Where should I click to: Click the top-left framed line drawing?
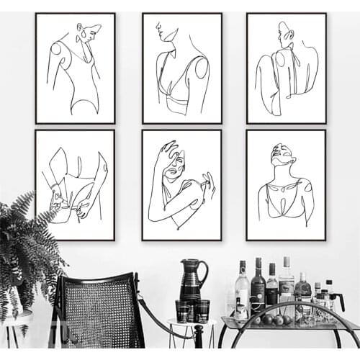[75, 68]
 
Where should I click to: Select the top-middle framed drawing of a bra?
[181, 68]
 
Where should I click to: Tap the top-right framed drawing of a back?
[286, 68]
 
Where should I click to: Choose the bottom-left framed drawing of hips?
[75, 184]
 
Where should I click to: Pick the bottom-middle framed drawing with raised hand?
[181, 184]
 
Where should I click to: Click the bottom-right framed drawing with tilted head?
[286, 184]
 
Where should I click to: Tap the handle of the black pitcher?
[204, 271]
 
